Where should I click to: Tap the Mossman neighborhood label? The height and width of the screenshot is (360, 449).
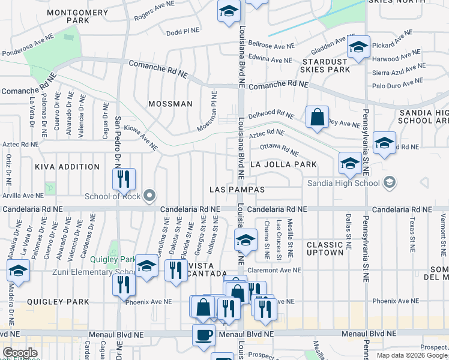coord(170,104)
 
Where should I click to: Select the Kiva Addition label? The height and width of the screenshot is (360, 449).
coord(67,167)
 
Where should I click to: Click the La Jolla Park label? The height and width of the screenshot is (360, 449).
coord(283,164)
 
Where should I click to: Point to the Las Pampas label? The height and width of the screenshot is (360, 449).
coord(237,190)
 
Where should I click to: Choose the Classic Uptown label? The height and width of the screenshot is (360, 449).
coord(325,249)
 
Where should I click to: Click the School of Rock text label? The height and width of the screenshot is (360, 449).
coord(112,196)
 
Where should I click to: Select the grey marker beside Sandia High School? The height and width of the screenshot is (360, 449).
coord(390,182)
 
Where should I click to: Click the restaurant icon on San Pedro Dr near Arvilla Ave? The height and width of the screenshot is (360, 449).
coord(124,179)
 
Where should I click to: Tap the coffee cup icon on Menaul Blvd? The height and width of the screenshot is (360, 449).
coord(203,335)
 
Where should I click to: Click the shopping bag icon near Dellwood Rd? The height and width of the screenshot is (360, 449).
coord(317,116)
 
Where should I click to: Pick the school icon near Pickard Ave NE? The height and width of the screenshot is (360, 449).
coord(358,47)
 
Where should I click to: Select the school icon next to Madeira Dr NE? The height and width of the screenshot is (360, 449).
coord(18,271)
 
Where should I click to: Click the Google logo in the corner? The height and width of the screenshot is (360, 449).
coord(19,353)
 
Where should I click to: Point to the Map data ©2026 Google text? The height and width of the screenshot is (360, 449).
coord(411,355)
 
